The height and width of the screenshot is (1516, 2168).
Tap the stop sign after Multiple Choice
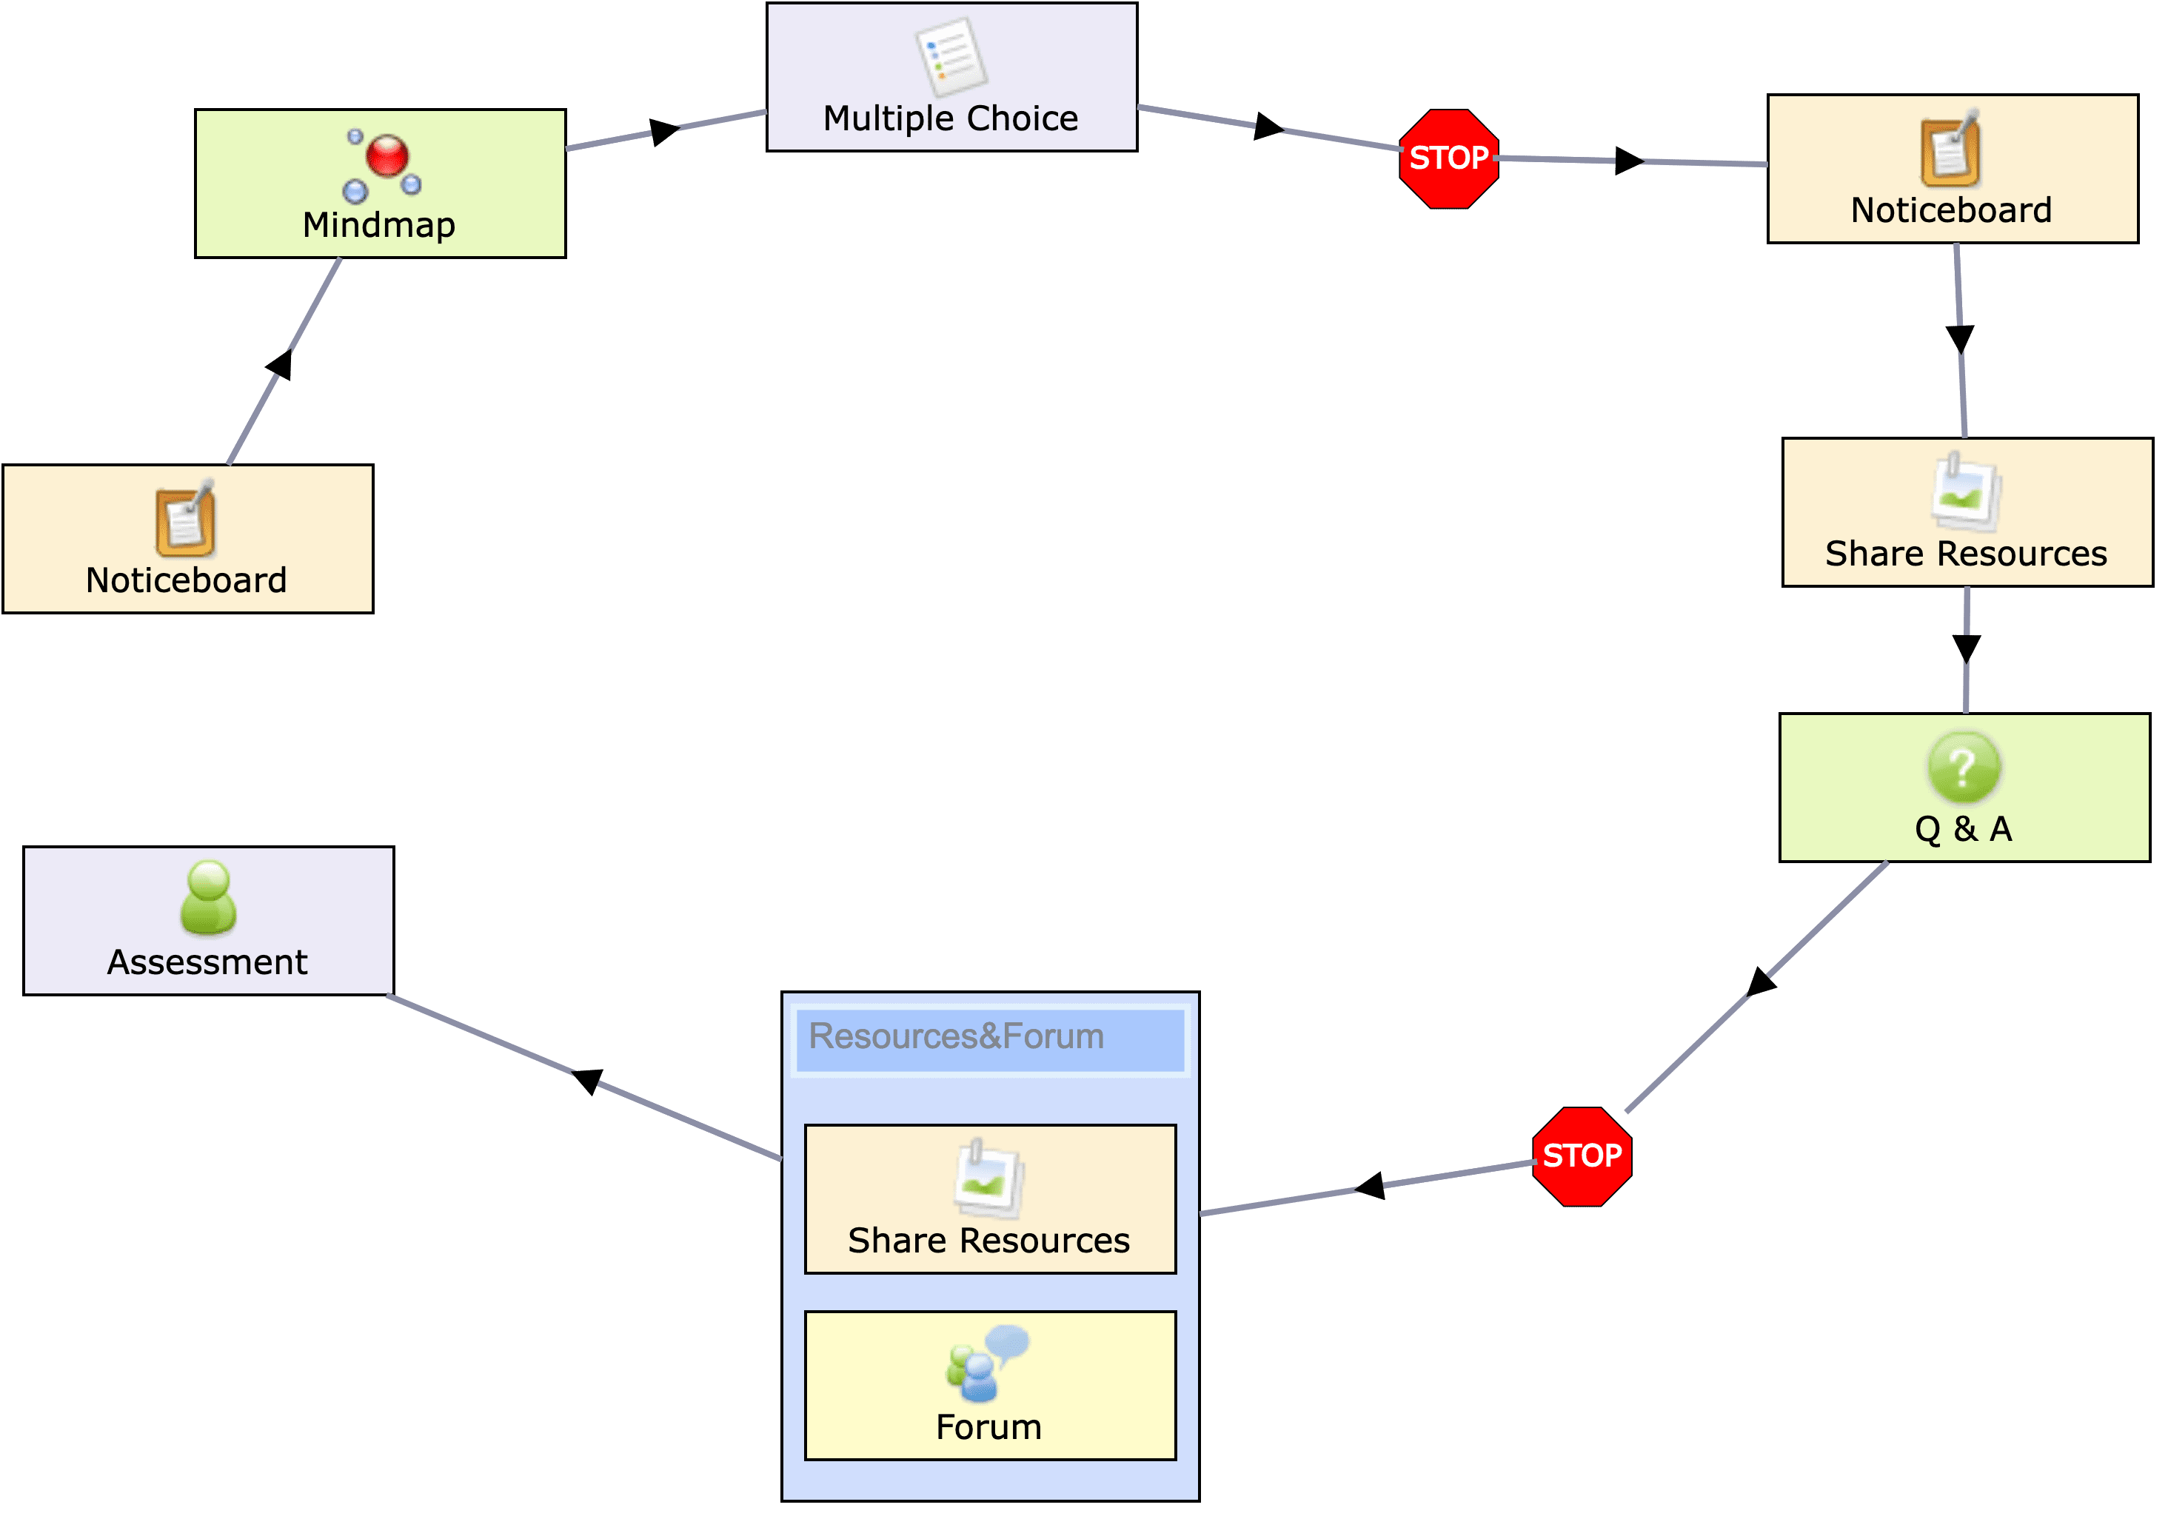click(x=1448, y=158)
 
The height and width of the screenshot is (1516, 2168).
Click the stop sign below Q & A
click(x=1582, y=1156)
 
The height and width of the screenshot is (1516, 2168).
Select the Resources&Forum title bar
click(x=989, y=1039)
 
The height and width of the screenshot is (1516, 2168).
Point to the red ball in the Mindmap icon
click(x=387, y=155)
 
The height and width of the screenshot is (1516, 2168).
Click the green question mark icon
click(x=1963, y=766)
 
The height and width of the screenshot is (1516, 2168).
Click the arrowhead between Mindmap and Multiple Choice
click(x=665, y=131)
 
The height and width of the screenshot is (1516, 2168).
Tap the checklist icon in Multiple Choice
click(x=951, y=57)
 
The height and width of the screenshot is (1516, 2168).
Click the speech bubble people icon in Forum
click(x=987, y=1363)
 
